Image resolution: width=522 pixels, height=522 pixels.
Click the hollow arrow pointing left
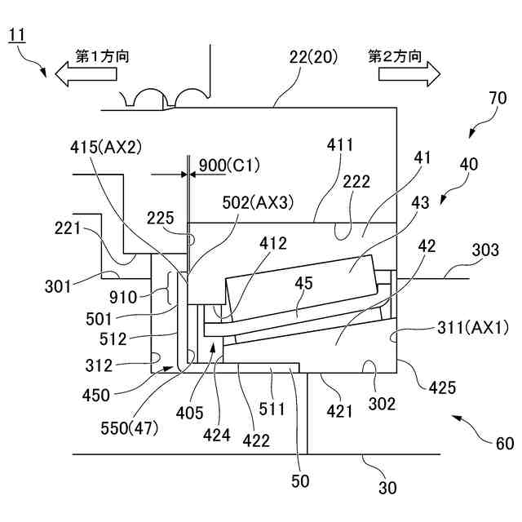(86, 74)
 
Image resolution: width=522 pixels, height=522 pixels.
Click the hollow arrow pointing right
(409, 74)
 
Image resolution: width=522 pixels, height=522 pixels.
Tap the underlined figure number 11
(16, 36)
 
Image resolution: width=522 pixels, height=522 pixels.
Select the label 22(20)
(313, 57)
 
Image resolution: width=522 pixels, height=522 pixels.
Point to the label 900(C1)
(229, 166)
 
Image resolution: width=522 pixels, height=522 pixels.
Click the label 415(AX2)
(106, 147)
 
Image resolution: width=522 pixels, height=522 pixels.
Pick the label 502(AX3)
(258, 202)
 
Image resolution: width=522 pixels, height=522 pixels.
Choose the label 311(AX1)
(473, 328)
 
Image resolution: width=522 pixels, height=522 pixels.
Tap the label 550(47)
(129, 428)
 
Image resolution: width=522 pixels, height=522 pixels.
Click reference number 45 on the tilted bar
(303, 284)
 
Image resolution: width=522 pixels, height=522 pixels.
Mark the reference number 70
(498, 98)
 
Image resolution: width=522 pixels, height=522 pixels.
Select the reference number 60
(505, 444)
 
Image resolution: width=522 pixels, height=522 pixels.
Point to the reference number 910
(123, 297)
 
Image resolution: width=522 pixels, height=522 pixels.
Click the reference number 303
(485, 250)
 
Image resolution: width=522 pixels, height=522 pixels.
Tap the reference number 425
(442, 387)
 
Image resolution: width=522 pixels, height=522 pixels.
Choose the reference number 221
(68, 228)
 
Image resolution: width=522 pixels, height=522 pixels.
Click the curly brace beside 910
(169, 288)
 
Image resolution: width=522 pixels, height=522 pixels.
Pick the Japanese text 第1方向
(102, 56)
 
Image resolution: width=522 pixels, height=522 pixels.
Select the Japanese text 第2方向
(395, 56)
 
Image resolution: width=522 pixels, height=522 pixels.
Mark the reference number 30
(387, 488)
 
